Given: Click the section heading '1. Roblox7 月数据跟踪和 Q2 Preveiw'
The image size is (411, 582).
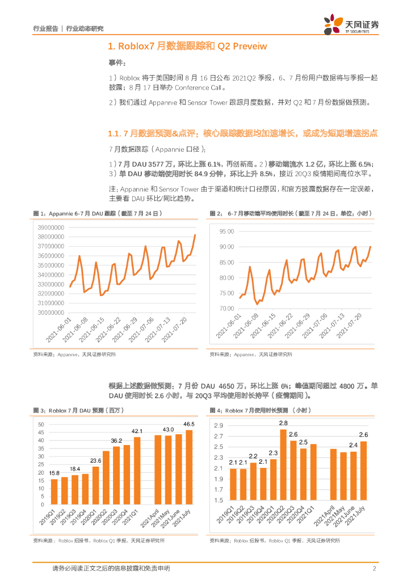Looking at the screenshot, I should [187, 46].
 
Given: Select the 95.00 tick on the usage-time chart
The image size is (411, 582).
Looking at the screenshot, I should [227, 231].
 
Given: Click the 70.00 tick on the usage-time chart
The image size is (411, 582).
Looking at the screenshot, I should [227, 308].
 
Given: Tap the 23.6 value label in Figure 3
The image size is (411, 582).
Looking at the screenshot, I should [96, 460].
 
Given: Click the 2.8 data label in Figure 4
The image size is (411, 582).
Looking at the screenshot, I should [283, 423].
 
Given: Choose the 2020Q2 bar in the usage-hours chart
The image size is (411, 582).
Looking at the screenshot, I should [283, 465].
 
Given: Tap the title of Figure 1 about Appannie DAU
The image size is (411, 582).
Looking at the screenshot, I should [99, 213].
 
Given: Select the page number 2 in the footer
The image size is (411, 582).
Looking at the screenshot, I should [375, 568].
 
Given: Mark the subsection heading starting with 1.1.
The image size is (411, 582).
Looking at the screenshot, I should [243, 134].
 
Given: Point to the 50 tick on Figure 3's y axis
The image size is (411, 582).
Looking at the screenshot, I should [41, 425].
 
